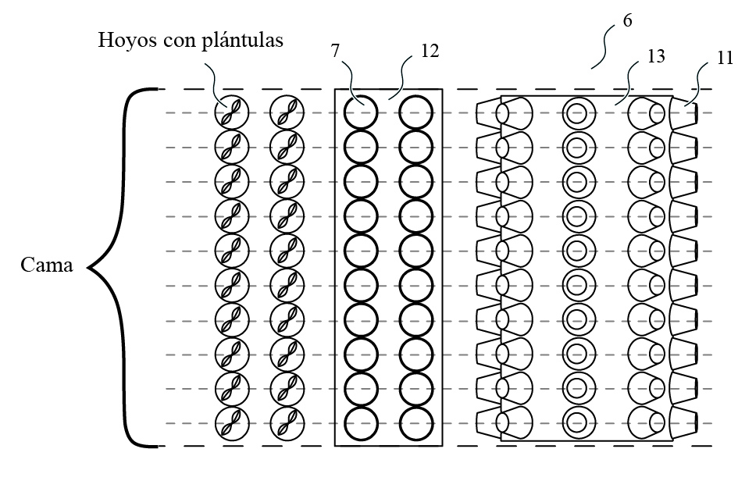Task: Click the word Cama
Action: coord(47,265)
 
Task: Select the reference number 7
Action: coord(335,51)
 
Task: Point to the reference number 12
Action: coord(430,51)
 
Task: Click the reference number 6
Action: coord(627,21)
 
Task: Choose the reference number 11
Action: coord(724,57)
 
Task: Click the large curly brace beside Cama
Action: coord(125,267)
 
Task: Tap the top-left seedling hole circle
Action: coord(232,113)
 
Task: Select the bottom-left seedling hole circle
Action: coord(232,423)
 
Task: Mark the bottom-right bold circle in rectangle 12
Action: coord(416,423)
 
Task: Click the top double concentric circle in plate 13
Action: coord(578,114)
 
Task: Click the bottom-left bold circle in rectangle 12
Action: coord(361,423)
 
